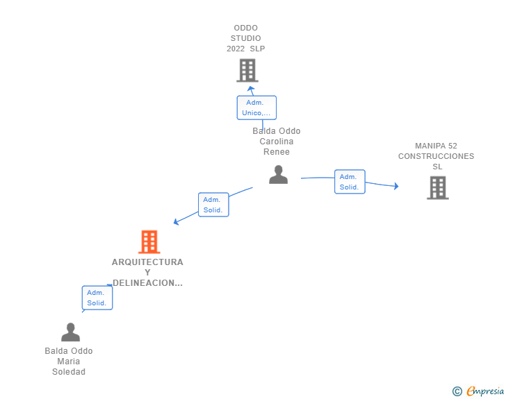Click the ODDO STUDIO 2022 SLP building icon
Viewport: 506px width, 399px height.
point(247,70)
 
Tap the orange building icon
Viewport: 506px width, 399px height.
point(149,241)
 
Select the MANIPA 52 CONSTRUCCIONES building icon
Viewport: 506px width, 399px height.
point(438,187)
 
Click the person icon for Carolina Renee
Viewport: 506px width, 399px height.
point(278,174)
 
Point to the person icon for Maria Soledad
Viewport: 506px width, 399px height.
point(70,332)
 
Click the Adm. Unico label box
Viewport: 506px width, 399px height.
point(256,108)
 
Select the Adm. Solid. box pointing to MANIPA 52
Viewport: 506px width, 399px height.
point(350,182)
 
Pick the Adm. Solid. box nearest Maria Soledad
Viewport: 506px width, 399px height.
point(97,298)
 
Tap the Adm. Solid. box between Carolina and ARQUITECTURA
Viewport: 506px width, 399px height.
point(213,205)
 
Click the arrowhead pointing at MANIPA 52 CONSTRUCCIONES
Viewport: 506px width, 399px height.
point(396,186)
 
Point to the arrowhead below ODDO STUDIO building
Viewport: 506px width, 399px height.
point(251,88)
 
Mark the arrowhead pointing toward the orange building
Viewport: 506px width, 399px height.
point(176,222)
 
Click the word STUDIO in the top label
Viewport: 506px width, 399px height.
point(245,38)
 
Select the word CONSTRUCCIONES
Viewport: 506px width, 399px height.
point(436,156)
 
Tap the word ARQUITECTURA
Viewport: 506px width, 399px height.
point(147,262)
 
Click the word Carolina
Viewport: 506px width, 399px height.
point(277,142)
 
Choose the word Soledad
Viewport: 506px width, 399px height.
point(69,372)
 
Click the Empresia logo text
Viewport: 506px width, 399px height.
point(485,391)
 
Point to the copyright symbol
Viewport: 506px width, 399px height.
point(457,391)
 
